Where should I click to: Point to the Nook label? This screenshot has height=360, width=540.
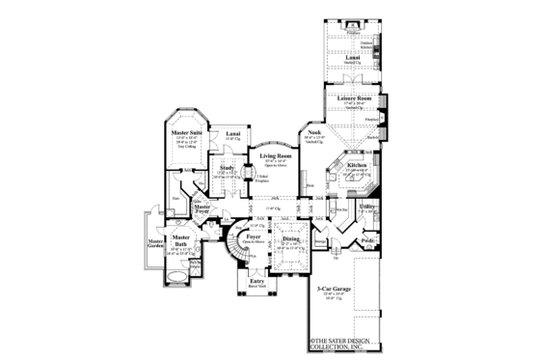click(x=314, y=132)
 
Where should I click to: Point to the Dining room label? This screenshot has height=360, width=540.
click(x=289, y=240)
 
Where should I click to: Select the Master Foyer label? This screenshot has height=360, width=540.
click(x=202, y=207)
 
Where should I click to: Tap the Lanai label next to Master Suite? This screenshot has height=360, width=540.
click(x=232, y=133)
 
